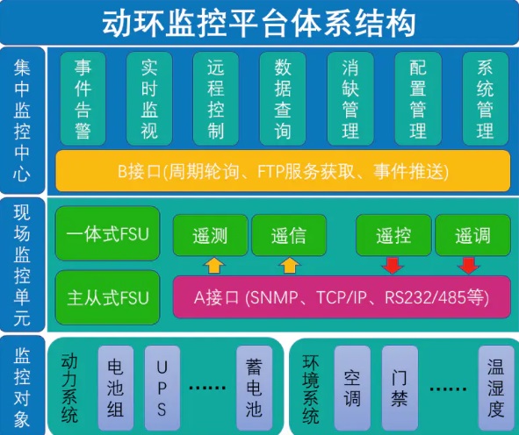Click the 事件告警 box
[83, 98]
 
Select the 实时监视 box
[149, 98]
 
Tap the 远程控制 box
[216, 98]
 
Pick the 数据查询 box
[283, 98]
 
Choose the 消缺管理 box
[350, 98]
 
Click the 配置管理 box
[418, 98]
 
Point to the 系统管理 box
[486, 98]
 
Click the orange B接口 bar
[283, 171]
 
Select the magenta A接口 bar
[342, 297]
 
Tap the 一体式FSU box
[107, 233]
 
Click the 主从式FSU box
[107, 297]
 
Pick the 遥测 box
[211, 235]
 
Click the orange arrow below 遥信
[290, 266]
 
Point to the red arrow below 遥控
[393, 266]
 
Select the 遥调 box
[473, 235]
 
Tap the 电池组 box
[116, 388]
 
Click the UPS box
[162, 388]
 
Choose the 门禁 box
[400, 388]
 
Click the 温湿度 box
[496, 388]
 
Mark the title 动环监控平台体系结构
[259, 23]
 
